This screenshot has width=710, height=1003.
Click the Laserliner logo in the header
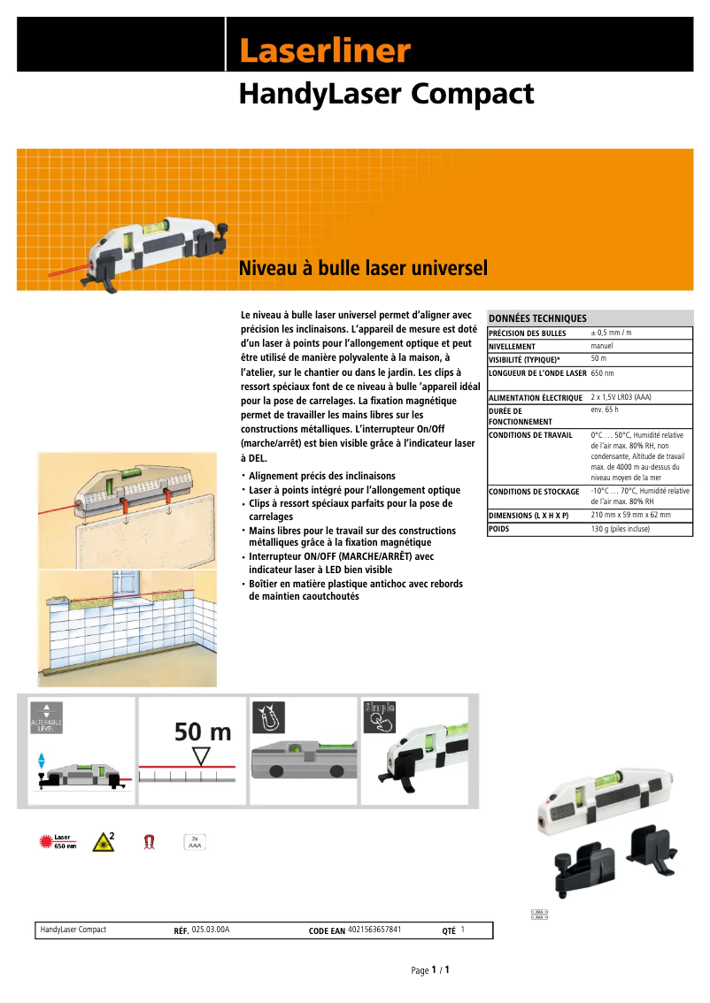tap(324, 50)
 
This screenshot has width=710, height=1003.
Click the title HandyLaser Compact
tap(386, 94)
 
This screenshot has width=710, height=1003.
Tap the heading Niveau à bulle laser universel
tap(363, 267)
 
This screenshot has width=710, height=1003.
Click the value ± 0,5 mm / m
tap(611, 333)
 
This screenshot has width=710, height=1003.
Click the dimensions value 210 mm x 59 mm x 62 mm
tap(630, 514)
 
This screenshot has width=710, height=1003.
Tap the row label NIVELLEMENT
tap(513, 347)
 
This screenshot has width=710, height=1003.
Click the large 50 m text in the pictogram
tap(203, 731)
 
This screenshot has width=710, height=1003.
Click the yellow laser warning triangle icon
tap(105, 841)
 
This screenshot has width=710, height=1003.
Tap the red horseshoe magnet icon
tap(149, 842)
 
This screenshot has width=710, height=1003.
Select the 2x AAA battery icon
tap(194, 842)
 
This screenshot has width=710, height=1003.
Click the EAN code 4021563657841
tap(374, 930)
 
